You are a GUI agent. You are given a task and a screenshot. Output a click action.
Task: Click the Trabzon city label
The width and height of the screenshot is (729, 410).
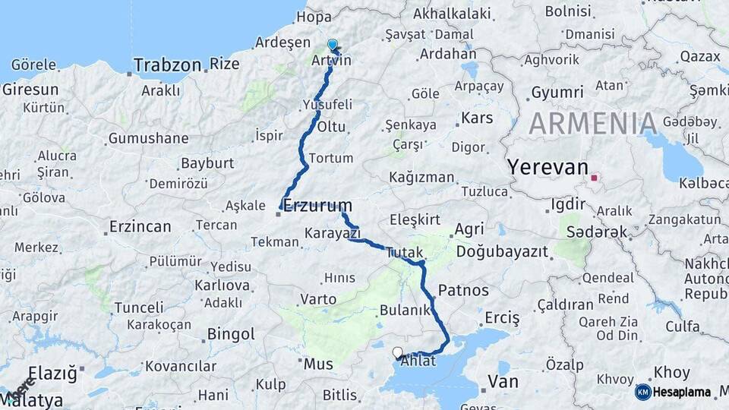(167, 66)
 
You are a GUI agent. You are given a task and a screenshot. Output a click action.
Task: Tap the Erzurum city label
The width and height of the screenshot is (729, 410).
(317, 205)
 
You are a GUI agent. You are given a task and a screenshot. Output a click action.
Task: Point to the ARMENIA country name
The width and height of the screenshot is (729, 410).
(593, 124)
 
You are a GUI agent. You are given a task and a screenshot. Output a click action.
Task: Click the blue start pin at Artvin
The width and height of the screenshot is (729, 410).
(332, 46)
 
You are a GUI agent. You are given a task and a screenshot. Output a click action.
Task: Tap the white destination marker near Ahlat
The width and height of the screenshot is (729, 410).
(397, 352)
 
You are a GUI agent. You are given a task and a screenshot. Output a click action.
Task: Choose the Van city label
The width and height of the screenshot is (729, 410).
(503, 380)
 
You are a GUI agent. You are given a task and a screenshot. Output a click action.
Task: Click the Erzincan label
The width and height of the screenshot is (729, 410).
(140, 227)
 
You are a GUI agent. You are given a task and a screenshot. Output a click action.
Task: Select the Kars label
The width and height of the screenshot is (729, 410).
(477, 118)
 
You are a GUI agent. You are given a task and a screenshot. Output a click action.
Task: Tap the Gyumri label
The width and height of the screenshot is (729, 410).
(557, 92)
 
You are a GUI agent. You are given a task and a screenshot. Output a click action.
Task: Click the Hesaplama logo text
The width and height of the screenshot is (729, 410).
(683, 392)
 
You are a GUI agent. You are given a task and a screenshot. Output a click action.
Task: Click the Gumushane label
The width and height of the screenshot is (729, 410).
(148, 138)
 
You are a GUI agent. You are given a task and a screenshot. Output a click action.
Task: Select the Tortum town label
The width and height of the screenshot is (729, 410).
(332, 158)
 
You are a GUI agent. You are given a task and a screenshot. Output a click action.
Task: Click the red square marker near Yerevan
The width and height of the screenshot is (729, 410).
(595, 180)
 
